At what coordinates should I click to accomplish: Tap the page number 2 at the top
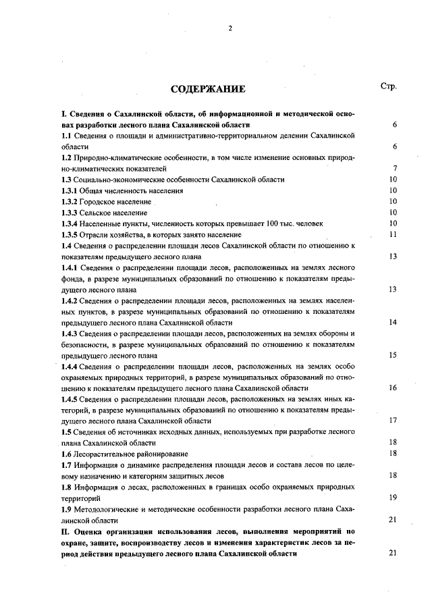(230, 28)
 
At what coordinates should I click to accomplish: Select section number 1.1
(68, 136)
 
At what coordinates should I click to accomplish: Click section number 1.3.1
(70, 190)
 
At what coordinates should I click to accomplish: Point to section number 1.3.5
(70, 234)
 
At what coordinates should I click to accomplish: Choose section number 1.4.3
(70, 334)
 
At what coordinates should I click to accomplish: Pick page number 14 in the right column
(392, 322)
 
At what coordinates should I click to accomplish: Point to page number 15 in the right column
(392, 355)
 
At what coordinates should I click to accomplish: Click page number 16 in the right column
(392, 388)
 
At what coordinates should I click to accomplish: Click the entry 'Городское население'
(115, 201)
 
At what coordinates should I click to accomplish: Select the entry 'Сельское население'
(113, 212)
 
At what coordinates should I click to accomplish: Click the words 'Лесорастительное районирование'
(132, 454)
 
